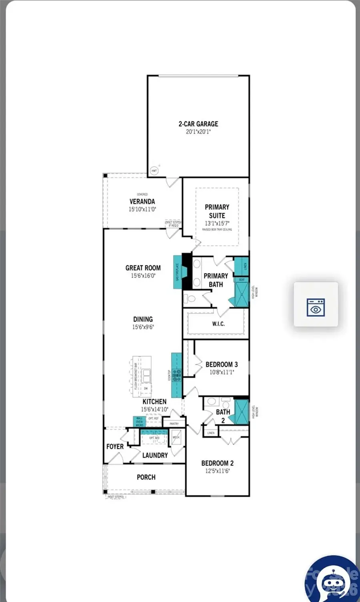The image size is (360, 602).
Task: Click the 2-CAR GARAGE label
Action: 198,124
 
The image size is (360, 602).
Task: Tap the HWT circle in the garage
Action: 154,171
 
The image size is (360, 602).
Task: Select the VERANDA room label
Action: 142,202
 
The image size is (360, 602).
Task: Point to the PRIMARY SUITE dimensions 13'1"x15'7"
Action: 217,223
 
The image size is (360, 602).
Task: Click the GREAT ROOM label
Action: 143,268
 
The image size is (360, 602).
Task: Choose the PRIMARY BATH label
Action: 216,280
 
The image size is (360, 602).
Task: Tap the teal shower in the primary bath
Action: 241,295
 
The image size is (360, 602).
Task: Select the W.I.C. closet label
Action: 218,324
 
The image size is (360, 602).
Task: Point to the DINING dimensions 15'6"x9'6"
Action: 143,327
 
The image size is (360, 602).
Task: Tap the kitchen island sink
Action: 147,376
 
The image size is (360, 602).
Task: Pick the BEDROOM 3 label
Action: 222,365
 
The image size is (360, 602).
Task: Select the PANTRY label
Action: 174,423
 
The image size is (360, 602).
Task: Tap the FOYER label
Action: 115,446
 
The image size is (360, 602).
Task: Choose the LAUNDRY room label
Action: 155,455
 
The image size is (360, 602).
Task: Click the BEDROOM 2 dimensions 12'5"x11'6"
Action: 217,471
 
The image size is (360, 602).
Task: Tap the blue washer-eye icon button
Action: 316,304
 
